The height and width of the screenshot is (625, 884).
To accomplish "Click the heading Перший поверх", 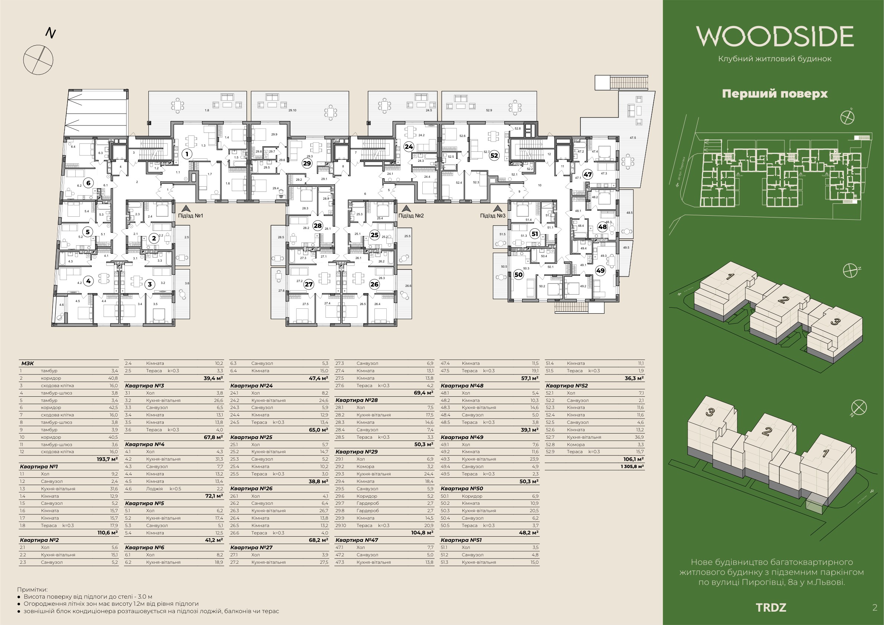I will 775,94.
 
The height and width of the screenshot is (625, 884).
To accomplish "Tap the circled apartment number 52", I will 494,156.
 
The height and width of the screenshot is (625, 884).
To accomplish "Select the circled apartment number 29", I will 307,163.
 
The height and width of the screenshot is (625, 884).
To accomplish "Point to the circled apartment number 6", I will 88,183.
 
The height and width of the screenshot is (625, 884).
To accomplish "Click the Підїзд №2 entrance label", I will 411,216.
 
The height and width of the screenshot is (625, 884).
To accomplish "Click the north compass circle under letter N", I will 38,59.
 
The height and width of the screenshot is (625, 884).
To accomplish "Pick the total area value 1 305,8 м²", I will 632,467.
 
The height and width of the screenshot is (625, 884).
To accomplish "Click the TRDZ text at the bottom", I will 771,608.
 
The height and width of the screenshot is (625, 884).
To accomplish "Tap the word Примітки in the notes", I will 32,590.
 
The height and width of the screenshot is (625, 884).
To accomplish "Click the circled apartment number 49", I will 600,271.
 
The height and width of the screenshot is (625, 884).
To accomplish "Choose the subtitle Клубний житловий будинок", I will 775,59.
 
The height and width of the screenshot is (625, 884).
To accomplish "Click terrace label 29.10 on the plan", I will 292,111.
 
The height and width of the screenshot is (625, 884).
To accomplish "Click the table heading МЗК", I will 27,363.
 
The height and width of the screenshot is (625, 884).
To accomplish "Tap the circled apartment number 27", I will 309,285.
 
